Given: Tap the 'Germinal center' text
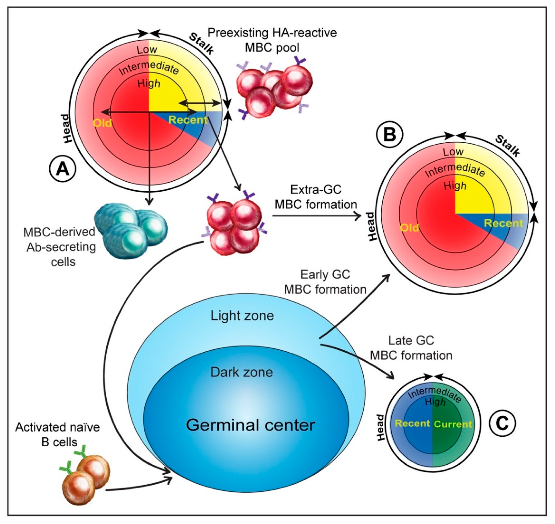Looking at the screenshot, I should pos(250,425).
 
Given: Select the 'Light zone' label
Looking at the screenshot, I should pos(242,316).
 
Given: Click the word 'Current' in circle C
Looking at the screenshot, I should pos(453,424).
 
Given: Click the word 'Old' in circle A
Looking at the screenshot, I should pos(102,123).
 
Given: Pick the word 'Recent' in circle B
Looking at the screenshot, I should pos(503,223).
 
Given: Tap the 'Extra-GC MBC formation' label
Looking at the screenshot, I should pos(316,197).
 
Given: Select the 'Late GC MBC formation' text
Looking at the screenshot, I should pos(411,348).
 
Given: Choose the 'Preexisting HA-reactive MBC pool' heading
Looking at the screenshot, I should pos(272,40).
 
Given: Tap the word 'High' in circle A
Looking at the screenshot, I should pos(149,83).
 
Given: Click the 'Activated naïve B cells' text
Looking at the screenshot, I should pos(58,435).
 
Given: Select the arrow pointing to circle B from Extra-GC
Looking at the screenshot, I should pos(317,216).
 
